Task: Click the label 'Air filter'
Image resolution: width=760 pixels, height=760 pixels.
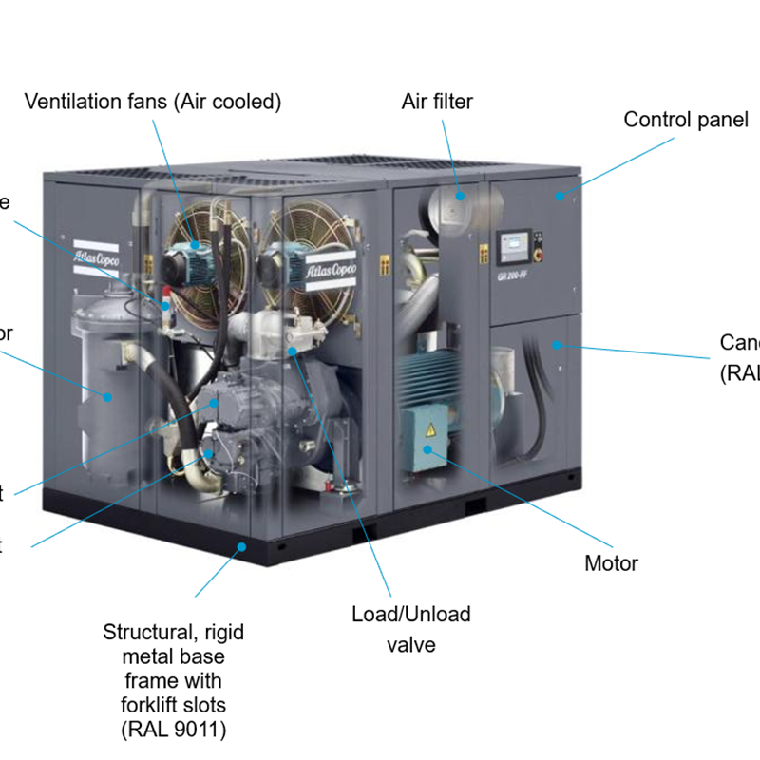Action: pos(437,101)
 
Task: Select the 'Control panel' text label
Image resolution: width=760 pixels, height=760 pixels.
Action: pos(686,120)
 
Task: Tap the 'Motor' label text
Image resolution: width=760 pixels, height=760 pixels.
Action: pos(611,563)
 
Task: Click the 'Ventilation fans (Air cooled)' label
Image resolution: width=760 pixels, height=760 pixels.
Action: pos(153,101)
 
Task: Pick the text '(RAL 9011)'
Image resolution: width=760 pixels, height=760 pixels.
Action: pos(175,729)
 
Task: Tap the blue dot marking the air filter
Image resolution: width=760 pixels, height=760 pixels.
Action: pos(460,195)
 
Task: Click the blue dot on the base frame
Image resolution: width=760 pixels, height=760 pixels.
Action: pos(243,545)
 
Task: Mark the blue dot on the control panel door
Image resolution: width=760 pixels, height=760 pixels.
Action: pos(560,196)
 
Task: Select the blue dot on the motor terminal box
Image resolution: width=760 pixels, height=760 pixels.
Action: pos(428,448)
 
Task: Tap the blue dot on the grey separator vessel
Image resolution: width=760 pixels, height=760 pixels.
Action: pos(108,396)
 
